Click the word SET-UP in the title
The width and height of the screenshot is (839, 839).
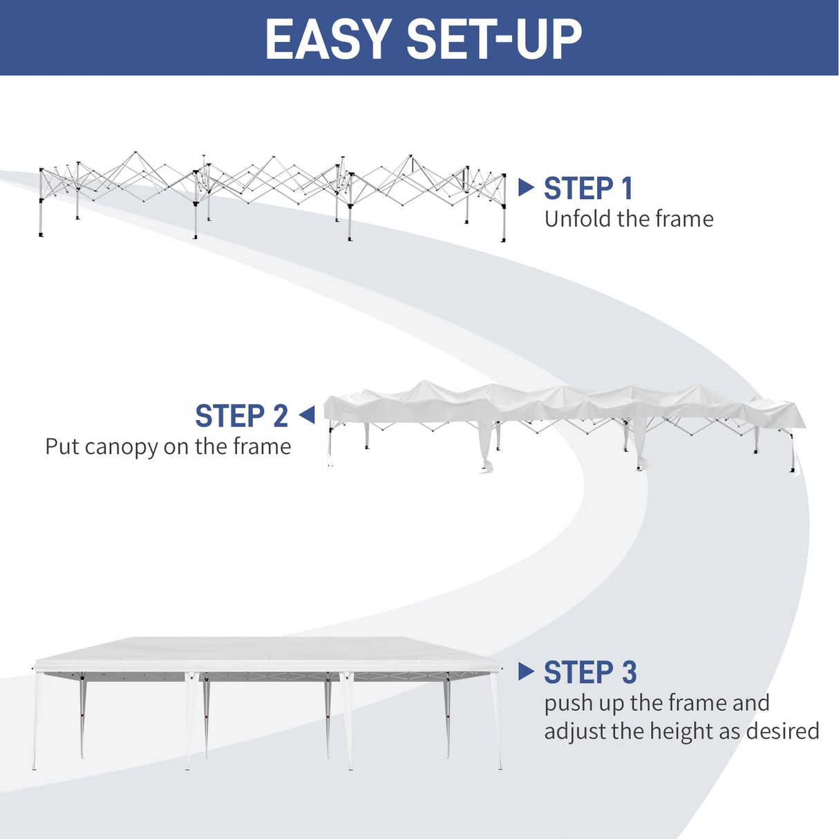pos(494,39)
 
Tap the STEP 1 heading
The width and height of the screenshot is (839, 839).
pos(588,189)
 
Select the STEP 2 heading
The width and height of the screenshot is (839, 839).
pos(241,417)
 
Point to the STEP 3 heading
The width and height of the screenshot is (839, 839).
pos(590,672)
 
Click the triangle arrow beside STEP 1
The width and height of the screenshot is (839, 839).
pos(526,187)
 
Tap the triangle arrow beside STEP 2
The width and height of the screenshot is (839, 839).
pos(307,415)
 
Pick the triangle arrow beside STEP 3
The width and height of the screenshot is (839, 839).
pos(526,671)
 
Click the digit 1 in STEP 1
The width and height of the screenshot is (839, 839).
pos(627,189)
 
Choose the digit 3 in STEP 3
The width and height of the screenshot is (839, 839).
pos(628,672)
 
